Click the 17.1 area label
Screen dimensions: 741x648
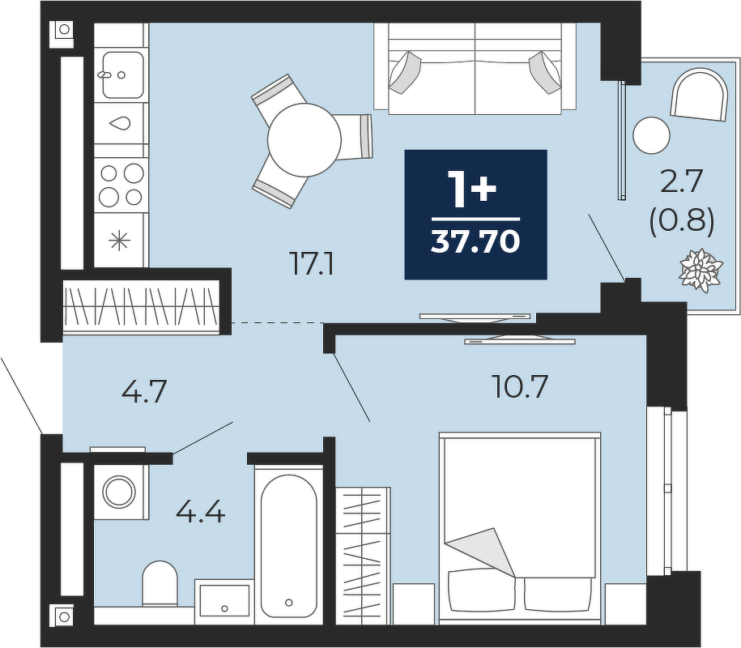(313, 265)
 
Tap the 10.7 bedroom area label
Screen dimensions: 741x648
(519, 386)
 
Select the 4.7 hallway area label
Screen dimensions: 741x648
(144, 392)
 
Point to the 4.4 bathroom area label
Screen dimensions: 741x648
(200, 512)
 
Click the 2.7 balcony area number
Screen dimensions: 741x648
(682, 182)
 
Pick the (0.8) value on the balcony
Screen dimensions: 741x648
(682, 222)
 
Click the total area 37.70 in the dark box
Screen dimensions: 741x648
(475, 242)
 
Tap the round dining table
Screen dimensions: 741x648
(304, 140)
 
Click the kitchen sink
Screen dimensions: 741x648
(122, 75)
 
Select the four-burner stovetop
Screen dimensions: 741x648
(121, 185)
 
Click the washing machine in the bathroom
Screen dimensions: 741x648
(120, 492)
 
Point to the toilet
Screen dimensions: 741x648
(160, 583)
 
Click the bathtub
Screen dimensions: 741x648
(289, 545)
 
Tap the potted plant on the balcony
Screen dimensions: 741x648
(701, 270)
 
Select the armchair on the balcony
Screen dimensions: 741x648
(699, 94)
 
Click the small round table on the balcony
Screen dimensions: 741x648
(652, 135)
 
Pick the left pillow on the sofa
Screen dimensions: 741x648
(405, 72)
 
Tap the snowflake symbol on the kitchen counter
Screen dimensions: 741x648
(120, 241)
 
